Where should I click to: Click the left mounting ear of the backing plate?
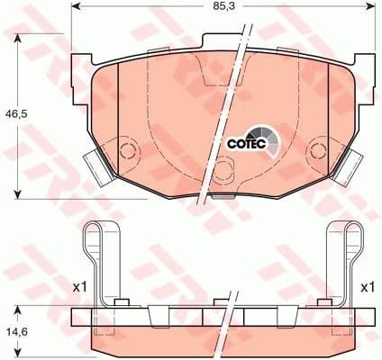click(x=82, y=67)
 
